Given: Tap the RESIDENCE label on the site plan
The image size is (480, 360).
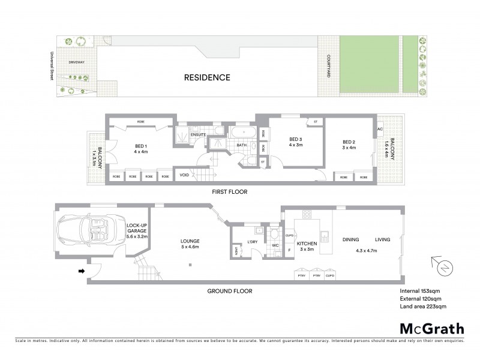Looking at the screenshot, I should coord(207,77).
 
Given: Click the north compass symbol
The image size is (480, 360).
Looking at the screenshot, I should coord(442,266).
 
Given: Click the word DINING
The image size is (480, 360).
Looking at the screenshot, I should coord(350,239).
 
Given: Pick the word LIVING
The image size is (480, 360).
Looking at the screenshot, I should coord(382,239).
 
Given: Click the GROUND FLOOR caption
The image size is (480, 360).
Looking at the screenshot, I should coord(230,291).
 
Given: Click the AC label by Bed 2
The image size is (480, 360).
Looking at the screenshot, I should coord(380,129).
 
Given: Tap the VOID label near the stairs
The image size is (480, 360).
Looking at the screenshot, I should coord(184,175).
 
